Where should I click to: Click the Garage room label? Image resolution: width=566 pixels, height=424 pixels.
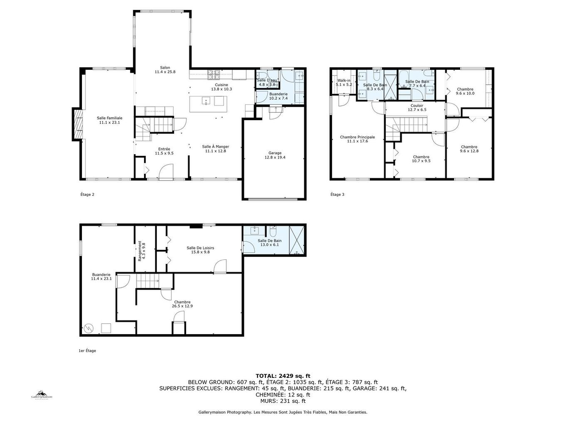[275, 155]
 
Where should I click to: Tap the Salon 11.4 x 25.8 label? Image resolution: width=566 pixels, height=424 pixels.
[165, 70]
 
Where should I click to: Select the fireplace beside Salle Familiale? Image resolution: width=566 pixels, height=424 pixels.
[77, 124]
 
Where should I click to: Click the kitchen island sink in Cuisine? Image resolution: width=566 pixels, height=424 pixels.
[206, 101]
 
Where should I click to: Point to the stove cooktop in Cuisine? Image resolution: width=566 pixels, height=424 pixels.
[214, 75]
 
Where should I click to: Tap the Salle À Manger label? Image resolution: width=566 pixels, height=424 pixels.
[216, 149]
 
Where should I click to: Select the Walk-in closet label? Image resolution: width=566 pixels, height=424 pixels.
[344, 82]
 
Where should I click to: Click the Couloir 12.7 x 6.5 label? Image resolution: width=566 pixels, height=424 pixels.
[417, 108]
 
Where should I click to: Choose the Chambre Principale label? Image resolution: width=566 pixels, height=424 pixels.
[357, 139]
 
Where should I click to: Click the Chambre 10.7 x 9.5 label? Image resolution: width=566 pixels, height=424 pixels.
[421, 159]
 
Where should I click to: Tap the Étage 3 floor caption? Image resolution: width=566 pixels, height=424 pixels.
[337, 195]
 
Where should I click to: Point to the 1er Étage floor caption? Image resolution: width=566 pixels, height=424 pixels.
[87, 351]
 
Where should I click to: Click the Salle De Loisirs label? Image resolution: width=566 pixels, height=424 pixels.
[200, 250]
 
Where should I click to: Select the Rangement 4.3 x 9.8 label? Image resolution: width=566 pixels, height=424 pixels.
[142, 251]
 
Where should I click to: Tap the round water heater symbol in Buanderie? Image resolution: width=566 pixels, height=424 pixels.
[88, 328]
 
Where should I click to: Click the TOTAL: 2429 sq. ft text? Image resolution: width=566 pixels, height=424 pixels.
[283, 376]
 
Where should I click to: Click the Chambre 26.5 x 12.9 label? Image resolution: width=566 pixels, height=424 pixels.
[182, 304]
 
